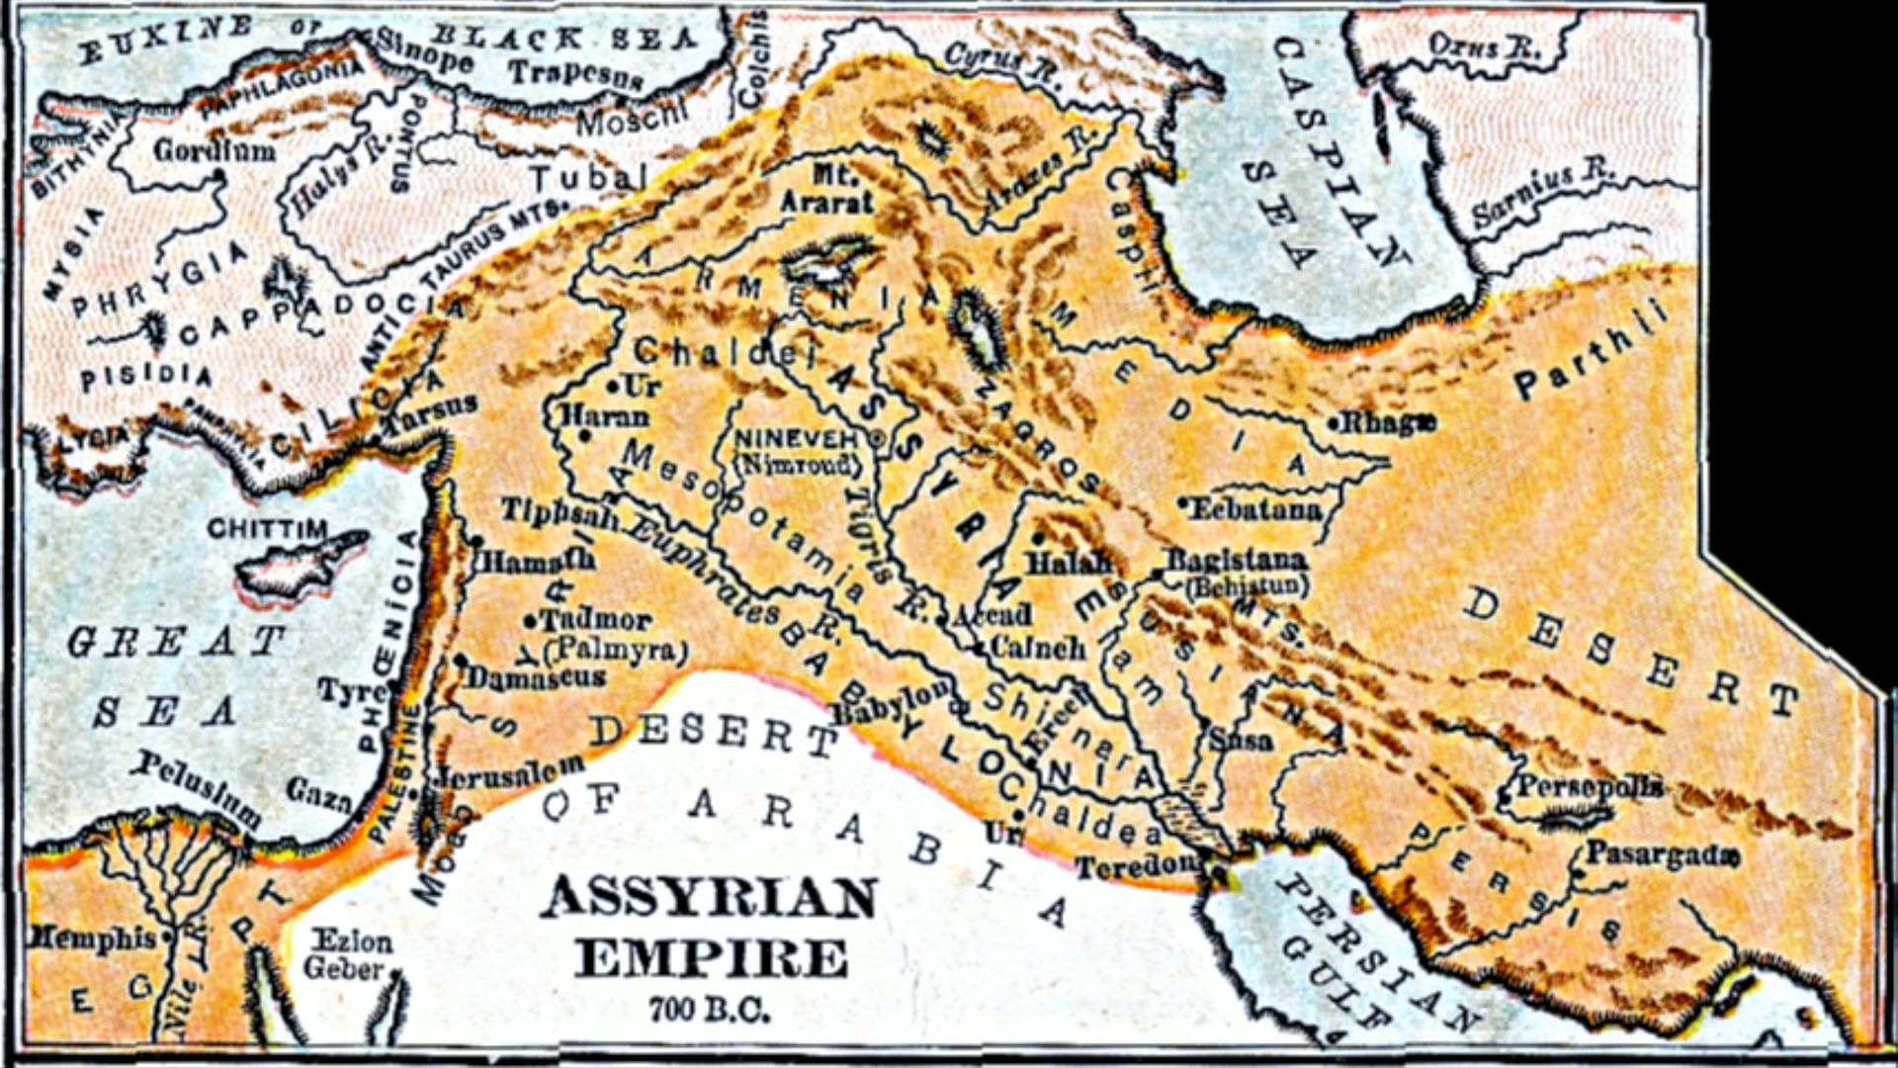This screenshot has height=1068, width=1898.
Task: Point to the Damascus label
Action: coord(536,678)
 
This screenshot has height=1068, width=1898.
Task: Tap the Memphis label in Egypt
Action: coord(94,936)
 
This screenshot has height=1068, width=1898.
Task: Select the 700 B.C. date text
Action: coord(709,1010)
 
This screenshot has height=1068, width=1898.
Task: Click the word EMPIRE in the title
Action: coord(712,957)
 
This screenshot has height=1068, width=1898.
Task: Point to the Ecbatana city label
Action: coord(1255,509)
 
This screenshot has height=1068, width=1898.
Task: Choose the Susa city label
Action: coord(1241,739)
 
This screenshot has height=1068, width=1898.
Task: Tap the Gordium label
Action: coord(215,150)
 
